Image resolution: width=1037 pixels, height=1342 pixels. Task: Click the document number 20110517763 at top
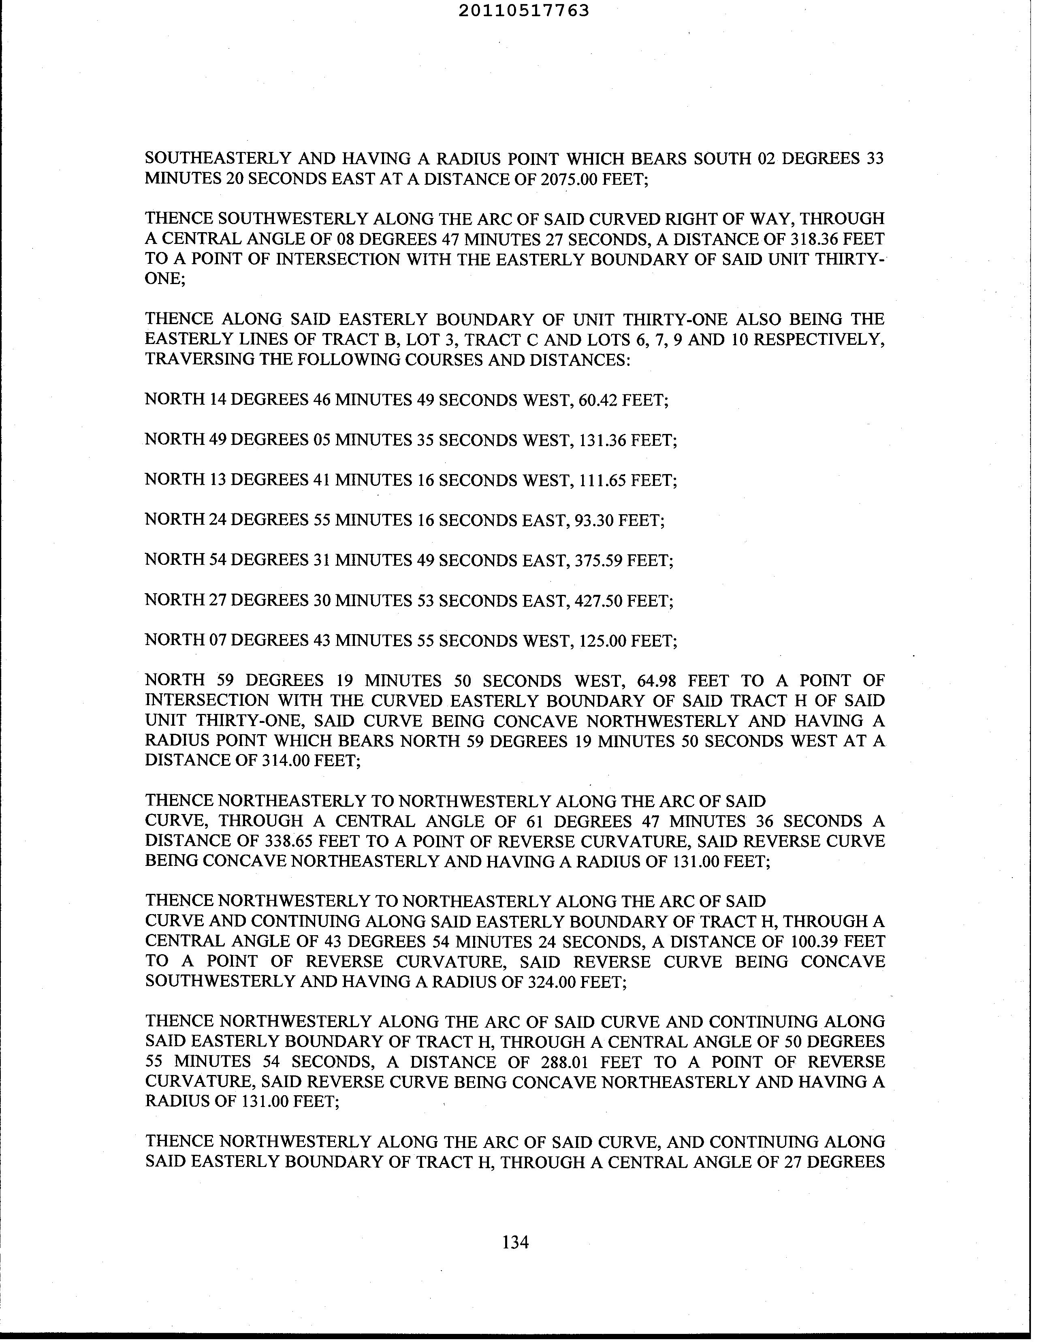click(x=523, y=11)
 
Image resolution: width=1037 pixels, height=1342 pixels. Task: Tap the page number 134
click(x=515, y=1242)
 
